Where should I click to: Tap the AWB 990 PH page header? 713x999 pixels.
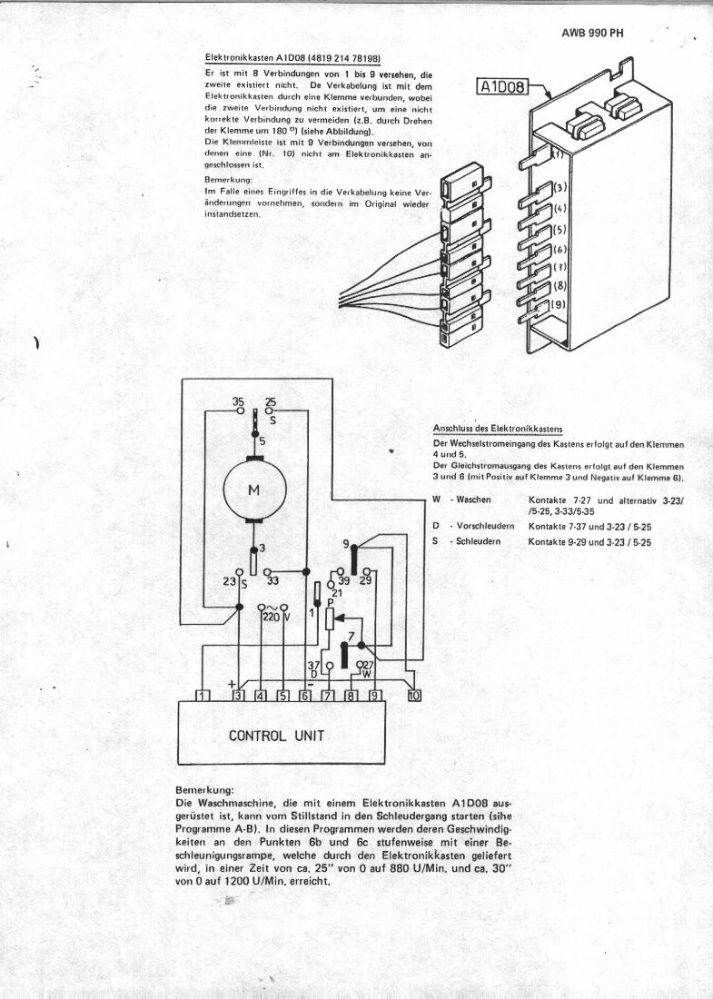click(x=590, y=34)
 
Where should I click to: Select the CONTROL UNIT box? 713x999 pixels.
click(x=276, y=735)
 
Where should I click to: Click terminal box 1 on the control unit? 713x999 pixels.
click(x=203, y=696)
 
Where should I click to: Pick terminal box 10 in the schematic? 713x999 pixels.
click(x=414, y=696)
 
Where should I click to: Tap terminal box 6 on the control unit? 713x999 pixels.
click(x=305, y=696)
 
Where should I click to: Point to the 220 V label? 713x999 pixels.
click(x=273, y=617)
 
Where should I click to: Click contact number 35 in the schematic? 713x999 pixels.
click(x=239, y=401)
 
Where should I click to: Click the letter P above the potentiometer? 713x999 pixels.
click(x=331, y=602)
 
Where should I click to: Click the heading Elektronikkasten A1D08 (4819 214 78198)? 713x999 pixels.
click(x=292, y=58)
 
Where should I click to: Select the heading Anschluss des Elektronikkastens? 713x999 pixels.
click(x=498, y=428)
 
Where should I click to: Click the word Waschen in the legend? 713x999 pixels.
click(x=474, y=499)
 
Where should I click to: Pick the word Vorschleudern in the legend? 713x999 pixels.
click(x=485, y=526)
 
